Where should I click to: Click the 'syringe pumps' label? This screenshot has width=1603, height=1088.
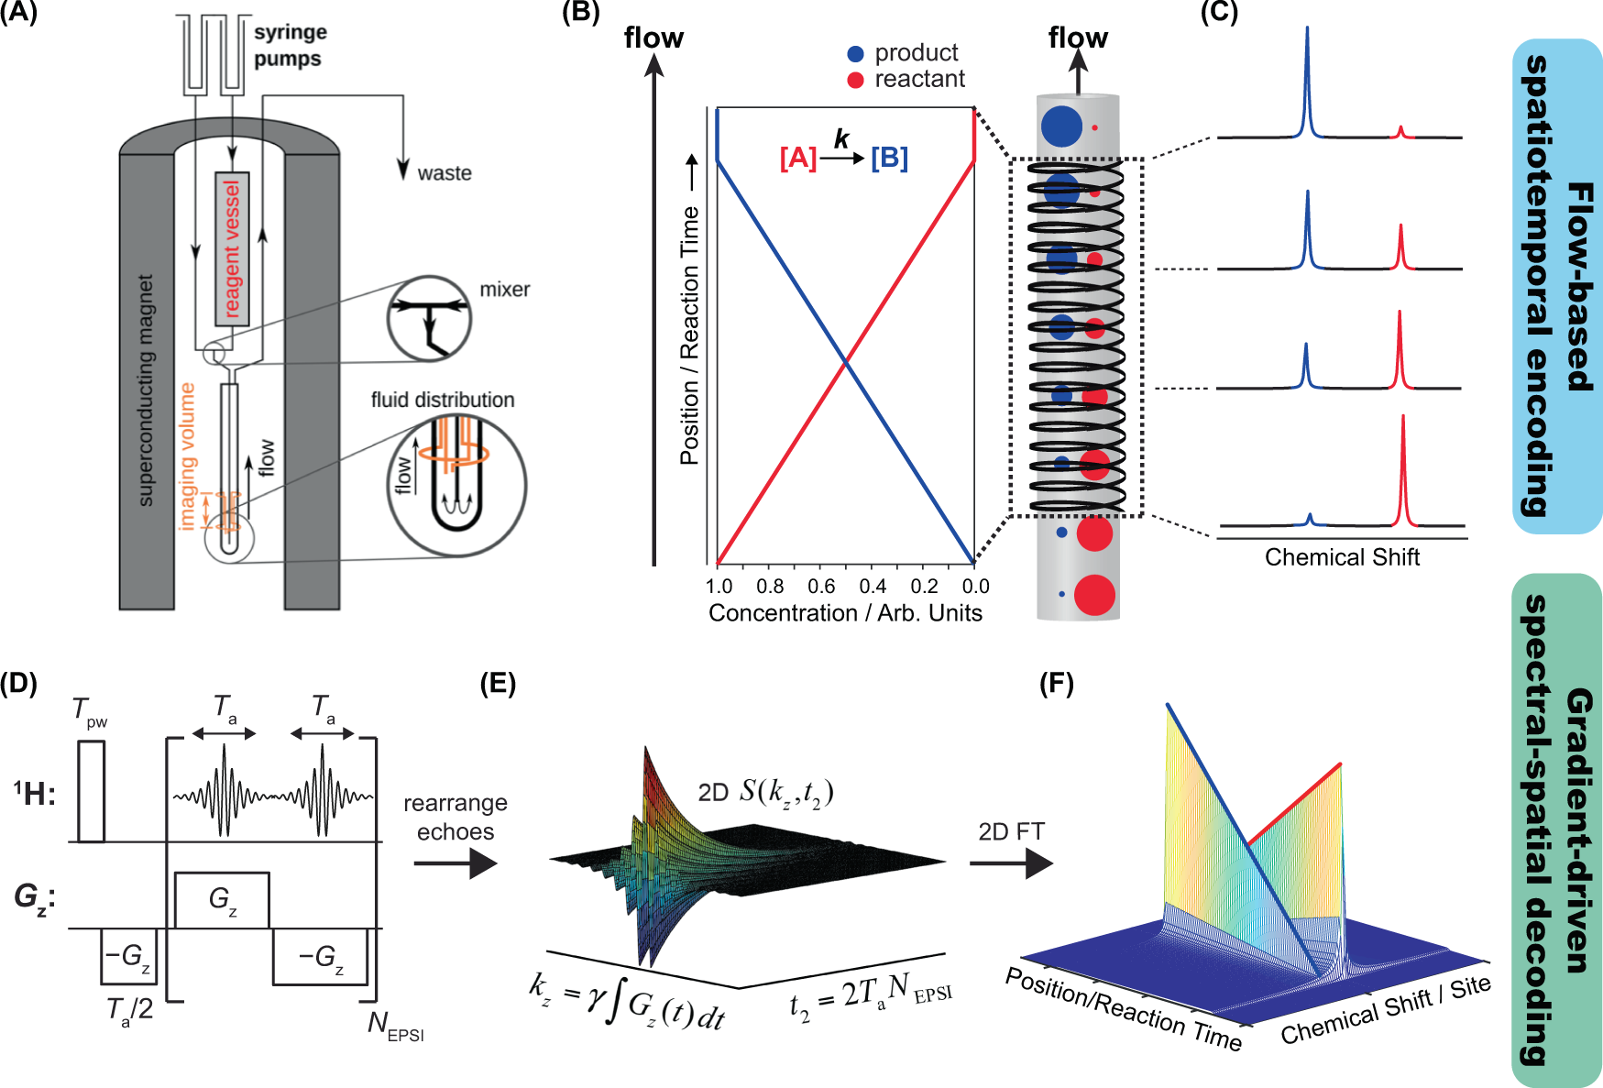pyautogui.click(x=290, y=45)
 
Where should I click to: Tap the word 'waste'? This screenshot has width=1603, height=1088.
pyautogui.click(x=445, y=173)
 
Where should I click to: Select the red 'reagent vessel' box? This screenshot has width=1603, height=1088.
pyautogui.click(x=232, y=248)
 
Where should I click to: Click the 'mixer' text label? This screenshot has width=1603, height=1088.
pyautogui.click(x=505, y=290)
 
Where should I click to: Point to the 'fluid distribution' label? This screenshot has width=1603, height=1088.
pyautogui.click(x=443, y=400)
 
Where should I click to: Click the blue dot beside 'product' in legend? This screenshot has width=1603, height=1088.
pyautogui.click(x=855, y=54)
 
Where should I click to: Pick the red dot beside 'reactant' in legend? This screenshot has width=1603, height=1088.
pyautogui.click(x=855, y=80)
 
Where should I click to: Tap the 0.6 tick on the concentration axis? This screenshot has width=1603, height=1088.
pyautogui.click(x=821, y=587)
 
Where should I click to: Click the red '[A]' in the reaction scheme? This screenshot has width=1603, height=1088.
pyautogui.click(x=798, y=159)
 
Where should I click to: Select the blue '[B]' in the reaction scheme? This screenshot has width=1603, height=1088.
pyautogui.click(x=889, y=159)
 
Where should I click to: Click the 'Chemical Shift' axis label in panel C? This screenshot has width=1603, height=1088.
pyautogui.click(x=1342, y=557)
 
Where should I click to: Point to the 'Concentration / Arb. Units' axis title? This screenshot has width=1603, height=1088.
pyautogui.click(x=845, y=613)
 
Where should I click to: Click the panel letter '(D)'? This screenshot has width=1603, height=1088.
pyautogui.click(x=18, y=685)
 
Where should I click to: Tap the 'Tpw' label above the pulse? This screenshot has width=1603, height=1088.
pyautogui.click(x=89, y=712)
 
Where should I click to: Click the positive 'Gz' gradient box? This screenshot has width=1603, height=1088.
pyautogui.click(x=222, y=900)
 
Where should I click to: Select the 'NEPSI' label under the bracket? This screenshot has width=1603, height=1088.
pyautogui.click(x=395, y=1026)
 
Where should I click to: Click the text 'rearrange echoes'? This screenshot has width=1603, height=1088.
pyautogui.click(x=456, y=817)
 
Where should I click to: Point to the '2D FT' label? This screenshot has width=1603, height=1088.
pyautogui.click(x=1011, y=831)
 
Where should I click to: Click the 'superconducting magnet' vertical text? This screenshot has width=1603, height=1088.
pyautogui.click(x=145, y=390)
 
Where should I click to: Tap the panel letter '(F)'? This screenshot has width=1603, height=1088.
pyautogui.click(x=1057, y=685)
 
